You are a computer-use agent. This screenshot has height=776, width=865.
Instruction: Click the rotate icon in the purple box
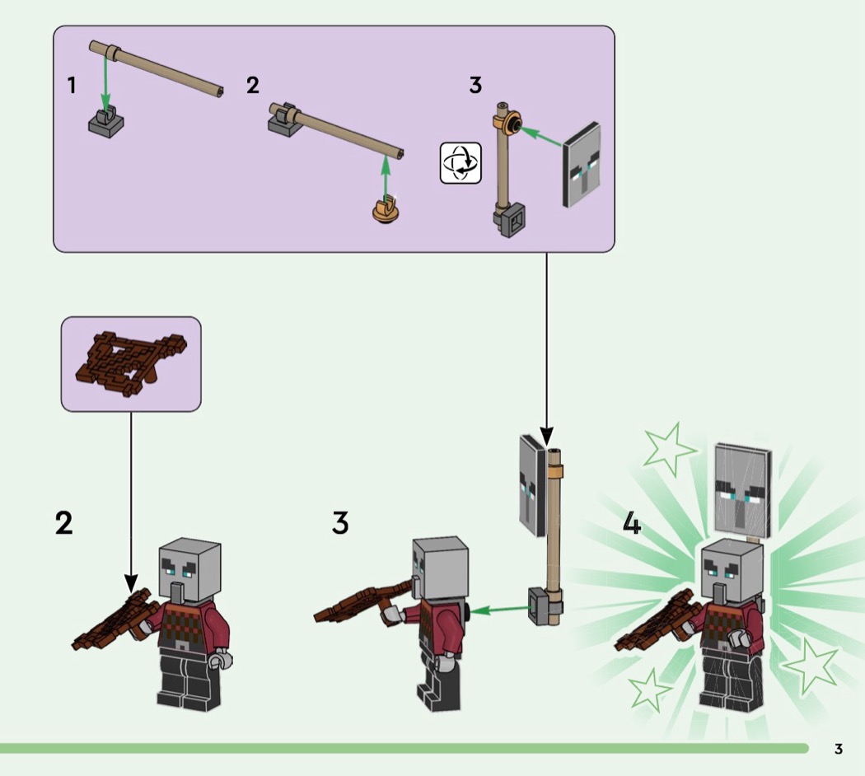(x=461, y=163)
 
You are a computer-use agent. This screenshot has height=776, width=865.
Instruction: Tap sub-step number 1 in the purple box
(x=71, y=86)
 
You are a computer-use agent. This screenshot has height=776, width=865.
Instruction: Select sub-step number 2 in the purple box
(x=253, y=85)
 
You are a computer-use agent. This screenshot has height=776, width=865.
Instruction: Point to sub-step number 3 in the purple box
(x=475, y=86)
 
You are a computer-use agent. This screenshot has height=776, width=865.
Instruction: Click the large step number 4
(x=632, y=523)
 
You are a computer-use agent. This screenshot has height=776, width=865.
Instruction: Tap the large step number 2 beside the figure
(x=64, y=523)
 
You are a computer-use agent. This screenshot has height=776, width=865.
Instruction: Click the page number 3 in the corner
(x=839, y=749)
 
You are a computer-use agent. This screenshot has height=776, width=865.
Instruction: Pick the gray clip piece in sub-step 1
(x=106, y=123)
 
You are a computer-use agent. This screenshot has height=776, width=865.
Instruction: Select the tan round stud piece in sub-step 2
(x=385, y=210)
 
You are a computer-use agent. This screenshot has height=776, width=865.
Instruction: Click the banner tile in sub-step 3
(x=582, y=165)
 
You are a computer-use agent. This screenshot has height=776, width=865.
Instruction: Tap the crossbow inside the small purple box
(x=131, y=364)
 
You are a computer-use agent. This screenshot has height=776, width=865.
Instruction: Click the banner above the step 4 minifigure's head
(x=742, y=490)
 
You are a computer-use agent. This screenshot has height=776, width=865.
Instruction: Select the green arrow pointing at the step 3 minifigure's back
(x=500, y=610)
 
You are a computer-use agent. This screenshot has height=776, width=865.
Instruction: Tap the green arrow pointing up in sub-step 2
(x=386, y=176)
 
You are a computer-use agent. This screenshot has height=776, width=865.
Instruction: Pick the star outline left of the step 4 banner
(x=668, y=450)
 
